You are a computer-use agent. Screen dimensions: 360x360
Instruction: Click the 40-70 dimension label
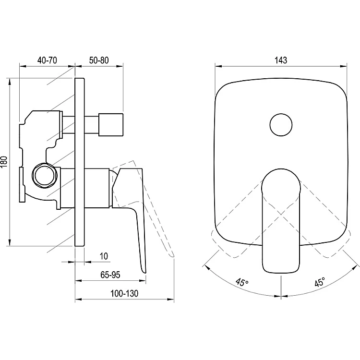[x=47, y=60]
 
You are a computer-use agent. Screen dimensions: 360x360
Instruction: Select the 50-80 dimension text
[x=99, y=60]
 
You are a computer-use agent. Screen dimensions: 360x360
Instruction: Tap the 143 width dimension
[x=281, y=60]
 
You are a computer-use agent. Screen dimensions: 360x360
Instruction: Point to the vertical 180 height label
[x=4, y=162]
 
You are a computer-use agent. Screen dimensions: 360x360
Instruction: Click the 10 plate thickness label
[x=104, y=256]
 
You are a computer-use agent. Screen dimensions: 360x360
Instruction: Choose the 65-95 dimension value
[x=110, y=275]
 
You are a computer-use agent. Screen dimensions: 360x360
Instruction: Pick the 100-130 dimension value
[x=124, y=293]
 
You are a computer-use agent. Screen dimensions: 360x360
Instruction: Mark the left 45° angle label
[x=242, y=282]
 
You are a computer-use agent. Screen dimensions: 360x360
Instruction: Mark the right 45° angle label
[x=320, y=282]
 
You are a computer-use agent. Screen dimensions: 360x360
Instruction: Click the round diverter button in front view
[x=281, y=125]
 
